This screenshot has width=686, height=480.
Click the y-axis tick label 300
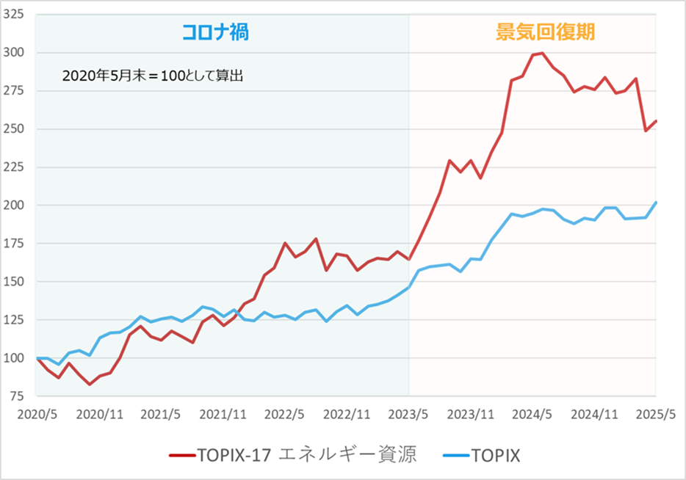point(15,53)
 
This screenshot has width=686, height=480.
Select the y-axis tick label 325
point(15,15)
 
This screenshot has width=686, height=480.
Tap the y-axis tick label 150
point(15,282)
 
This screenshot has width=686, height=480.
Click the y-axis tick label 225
point(15,167)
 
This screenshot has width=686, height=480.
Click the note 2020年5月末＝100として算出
point(152,76)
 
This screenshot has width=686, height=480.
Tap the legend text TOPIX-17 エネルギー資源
point(306,455)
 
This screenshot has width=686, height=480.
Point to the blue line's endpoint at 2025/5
point(656,203)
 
